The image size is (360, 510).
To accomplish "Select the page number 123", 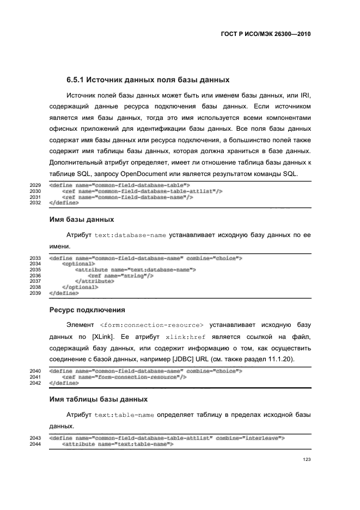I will [x=307, y=460].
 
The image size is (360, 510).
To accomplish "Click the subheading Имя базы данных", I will [x=82, y=219].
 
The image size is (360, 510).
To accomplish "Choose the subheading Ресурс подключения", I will [x=87, y=309].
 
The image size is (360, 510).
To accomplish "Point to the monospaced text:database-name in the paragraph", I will [x=123, y=235].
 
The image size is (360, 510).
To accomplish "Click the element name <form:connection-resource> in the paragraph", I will [x=152, y=325].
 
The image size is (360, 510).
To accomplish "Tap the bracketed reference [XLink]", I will [x=103, y=337].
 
